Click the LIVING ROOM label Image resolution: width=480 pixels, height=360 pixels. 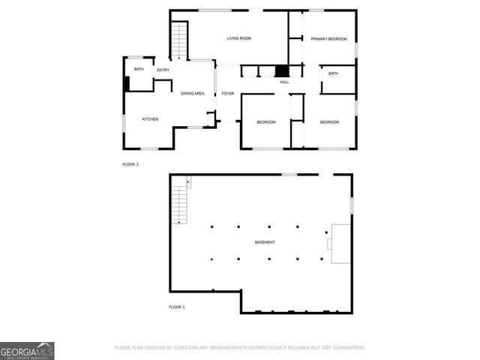click(239, 38)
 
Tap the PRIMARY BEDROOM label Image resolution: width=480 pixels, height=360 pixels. click(328, 38)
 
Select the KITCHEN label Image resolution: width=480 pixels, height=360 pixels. click(151, 119)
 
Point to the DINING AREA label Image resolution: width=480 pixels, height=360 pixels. click(193, 93)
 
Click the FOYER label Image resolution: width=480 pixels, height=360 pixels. click(228, 94)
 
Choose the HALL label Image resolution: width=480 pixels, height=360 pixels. click(285, 82)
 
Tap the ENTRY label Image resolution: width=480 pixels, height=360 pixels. click(163, 70)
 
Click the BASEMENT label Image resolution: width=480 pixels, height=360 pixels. click(264, 242)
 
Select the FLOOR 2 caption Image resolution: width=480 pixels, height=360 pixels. click(130, 164)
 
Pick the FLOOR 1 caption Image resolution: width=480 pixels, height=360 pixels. click(177, 307)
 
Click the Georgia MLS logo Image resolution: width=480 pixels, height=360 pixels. click(27, 350)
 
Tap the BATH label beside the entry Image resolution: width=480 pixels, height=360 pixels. click(139, 70)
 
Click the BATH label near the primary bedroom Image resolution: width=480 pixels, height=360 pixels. click(333, 73)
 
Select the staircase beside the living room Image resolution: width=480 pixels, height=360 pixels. click(179, 41)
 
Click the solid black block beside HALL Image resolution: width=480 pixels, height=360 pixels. click(282, 71)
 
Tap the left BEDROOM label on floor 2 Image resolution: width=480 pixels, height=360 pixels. click(266, 122)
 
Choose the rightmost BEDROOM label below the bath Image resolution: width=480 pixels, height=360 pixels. click(329, 122)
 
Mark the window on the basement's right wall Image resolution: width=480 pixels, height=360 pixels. click(352, 205)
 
